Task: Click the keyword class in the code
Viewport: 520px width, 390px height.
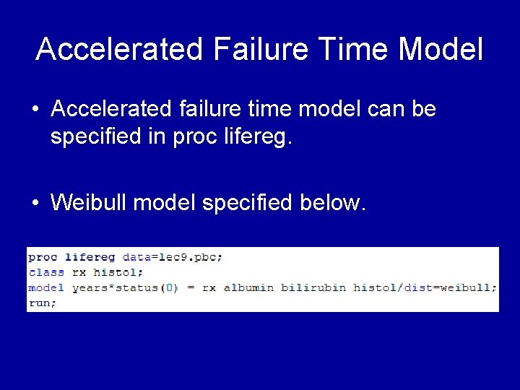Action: coord(46,272)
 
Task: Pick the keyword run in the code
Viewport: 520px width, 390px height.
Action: coord(40,303)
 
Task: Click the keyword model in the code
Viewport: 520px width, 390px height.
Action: coord(46,287)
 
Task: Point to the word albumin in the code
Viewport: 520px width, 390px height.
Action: coord(248,287)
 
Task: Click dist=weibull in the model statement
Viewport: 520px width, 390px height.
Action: coord(447,287)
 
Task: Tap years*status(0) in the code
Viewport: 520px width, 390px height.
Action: coord(125,287)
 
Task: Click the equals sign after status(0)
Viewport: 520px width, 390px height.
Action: coord(190,287)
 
